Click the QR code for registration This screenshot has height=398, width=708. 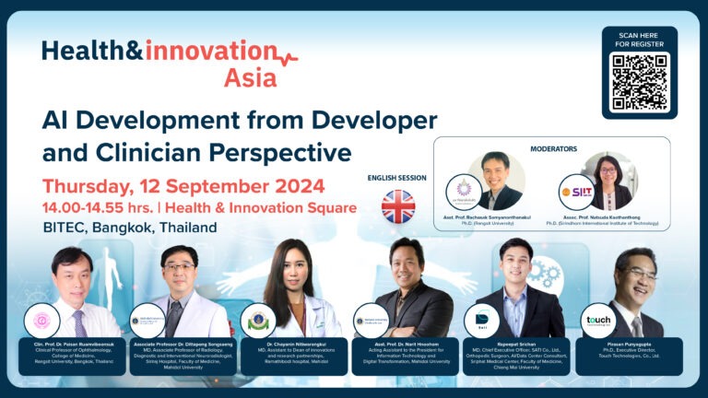(x=639, y=82)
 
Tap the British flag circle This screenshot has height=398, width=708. (x=398, y=206)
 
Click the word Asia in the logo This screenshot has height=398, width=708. (x=249, y=78)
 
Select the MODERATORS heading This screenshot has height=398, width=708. (x=555, y=148)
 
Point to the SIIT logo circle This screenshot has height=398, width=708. (x=575, y=193)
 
